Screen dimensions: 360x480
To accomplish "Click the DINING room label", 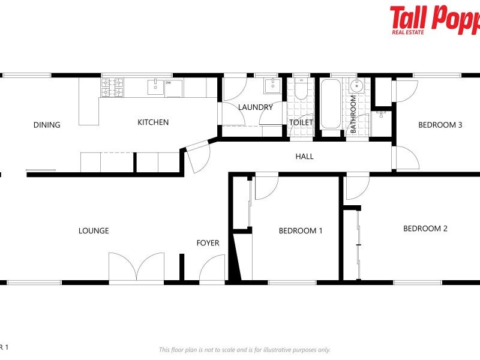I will coord(47,125).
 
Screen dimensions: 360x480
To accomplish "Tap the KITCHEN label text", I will coord(153,122).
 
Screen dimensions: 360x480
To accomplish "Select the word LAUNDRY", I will coord(255,107).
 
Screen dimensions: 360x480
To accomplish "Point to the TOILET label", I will coord(301,122).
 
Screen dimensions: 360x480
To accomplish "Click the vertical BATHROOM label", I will coord(353,114).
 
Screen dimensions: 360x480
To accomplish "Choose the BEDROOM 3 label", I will coord(440,125).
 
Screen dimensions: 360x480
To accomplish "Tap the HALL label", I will coord(304,156).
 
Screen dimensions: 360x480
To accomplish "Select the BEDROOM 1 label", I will coord(301,230).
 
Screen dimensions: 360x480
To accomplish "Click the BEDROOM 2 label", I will coord(425,228).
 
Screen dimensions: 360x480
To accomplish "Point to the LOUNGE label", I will coord(94,230).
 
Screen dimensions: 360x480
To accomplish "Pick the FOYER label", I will coord(208,243).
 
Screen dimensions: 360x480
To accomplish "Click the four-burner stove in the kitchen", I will coord(112,88).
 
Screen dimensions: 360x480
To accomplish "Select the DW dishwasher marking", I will coord(169,83).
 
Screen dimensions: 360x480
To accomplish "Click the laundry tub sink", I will coord(273,85).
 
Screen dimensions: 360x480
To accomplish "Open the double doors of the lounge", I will coord(136,267).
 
